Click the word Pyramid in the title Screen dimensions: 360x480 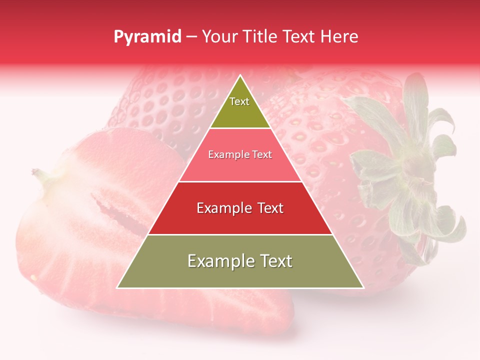pyautogui.click(x=147, y=37)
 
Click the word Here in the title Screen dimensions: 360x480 pyautogui.click(x=339, y=37)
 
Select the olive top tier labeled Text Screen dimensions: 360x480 pyautogui.click(x=240, y=107)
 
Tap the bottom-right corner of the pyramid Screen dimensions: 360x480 pyautogui.click(x=362, y=287)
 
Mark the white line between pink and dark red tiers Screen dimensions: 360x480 pyautogui.click(x=240, y=181)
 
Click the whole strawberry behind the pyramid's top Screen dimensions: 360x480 pyautogui.click(x=165, y=100)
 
